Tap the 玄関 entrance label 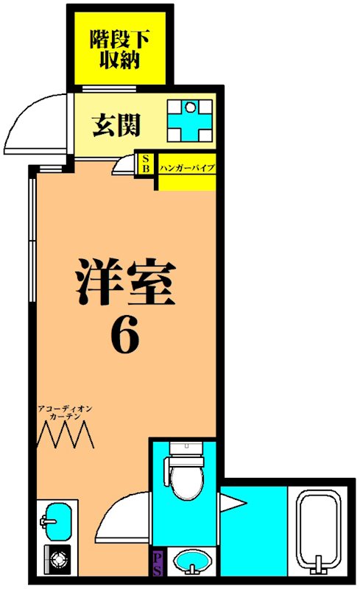click(x=116, y=126)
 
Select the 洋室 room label click(x=125, y=283)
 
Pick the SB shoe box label click(x=146, y=163)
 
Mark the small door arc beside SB click(x=127, y=166)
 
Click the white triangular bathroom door click(x=233, y=504)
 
